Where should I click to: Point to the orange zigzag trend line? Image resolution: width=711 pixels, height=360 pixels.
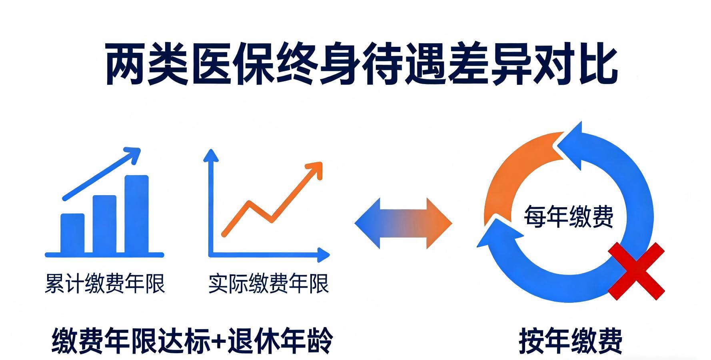point(260,212)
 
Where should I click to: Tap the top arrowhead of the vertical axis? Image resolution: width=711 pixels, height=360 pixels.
point(211,156)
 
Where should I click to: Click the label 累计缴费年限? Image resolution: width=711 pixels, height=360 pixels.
point(105,284)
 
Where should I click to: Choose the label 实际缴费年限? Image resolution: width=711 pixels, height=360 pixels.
point(268,284)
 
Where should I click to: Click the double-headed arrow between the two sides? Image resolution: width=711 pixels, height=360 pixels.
point(403,223)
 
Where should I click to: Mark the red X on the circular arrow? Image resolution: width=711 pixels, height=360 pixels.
point(636,270)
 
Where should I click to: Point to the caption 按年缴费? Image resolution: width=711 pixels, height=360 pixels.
point(571,341)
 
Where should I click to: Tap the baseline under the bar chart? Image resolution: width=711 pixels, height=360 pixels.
point(104,255)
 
